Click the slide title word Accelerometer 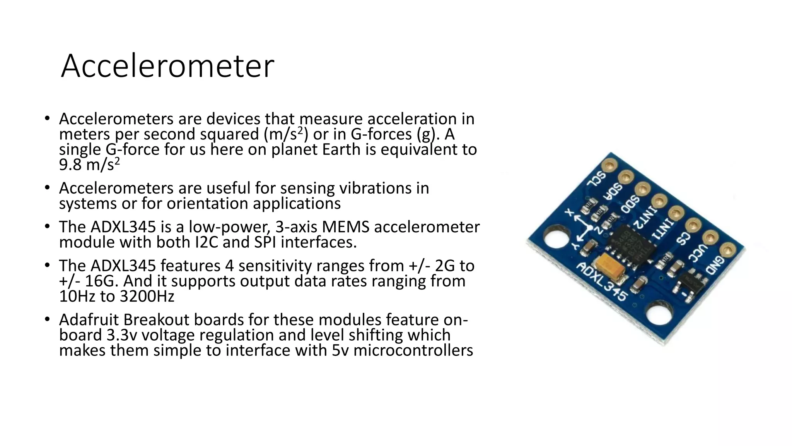coord(167,66)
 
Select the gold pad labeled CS coord(693,225)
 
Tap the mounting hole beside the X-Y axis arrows coord(556,244)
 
